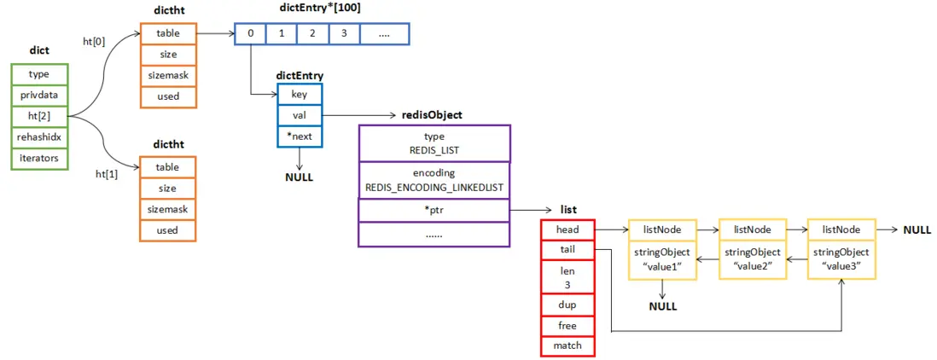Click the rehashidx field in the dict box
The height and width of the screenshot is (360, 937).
click(38, 136)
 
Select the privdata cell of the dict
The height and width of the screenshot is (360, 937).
click(38, 95)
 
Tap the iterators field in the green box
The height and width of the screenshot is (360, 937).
click(38, 158)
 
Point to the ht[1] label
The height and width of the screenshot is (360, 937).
click(108, 173)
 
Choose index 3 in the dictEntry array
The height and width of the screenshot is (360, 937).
click(343, 34)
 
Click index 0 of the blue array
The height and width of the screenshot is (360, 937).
click(250, 34)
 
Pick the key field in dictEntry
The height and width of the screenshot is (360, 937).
click(300, 95)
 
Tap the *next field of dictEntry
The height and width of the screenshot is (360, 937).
click(300, 136)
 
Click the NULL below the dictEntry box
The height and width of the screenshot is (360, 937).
click(300, 177)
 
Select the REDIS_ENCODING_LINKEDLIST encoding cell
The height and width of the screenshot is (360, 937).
click(434, 179)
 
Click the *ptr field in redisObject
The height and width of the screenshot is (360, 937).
click(434, 209)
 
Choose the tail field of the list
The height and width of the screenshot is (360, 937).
click(567, 249)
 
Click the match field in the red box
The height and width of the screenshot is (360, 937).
click(567, 346)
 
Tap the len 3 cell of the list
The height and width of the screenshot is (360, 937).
click(567, 276)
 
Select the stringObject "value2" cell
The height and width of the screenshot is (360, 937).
click(752, 259)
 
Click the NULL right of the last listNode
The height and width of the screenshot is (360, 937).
click(917, 229)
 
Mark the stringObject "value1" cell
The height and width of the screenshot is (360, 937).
click(661, 259)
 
